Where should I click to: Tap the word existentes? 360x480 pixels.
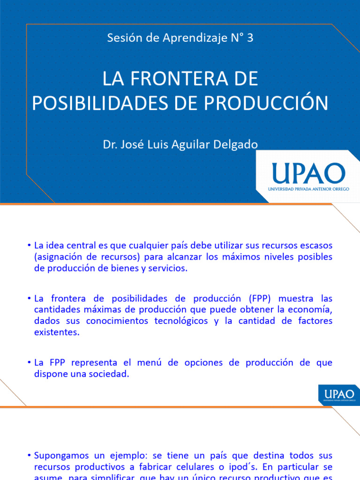click(57, 332)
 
